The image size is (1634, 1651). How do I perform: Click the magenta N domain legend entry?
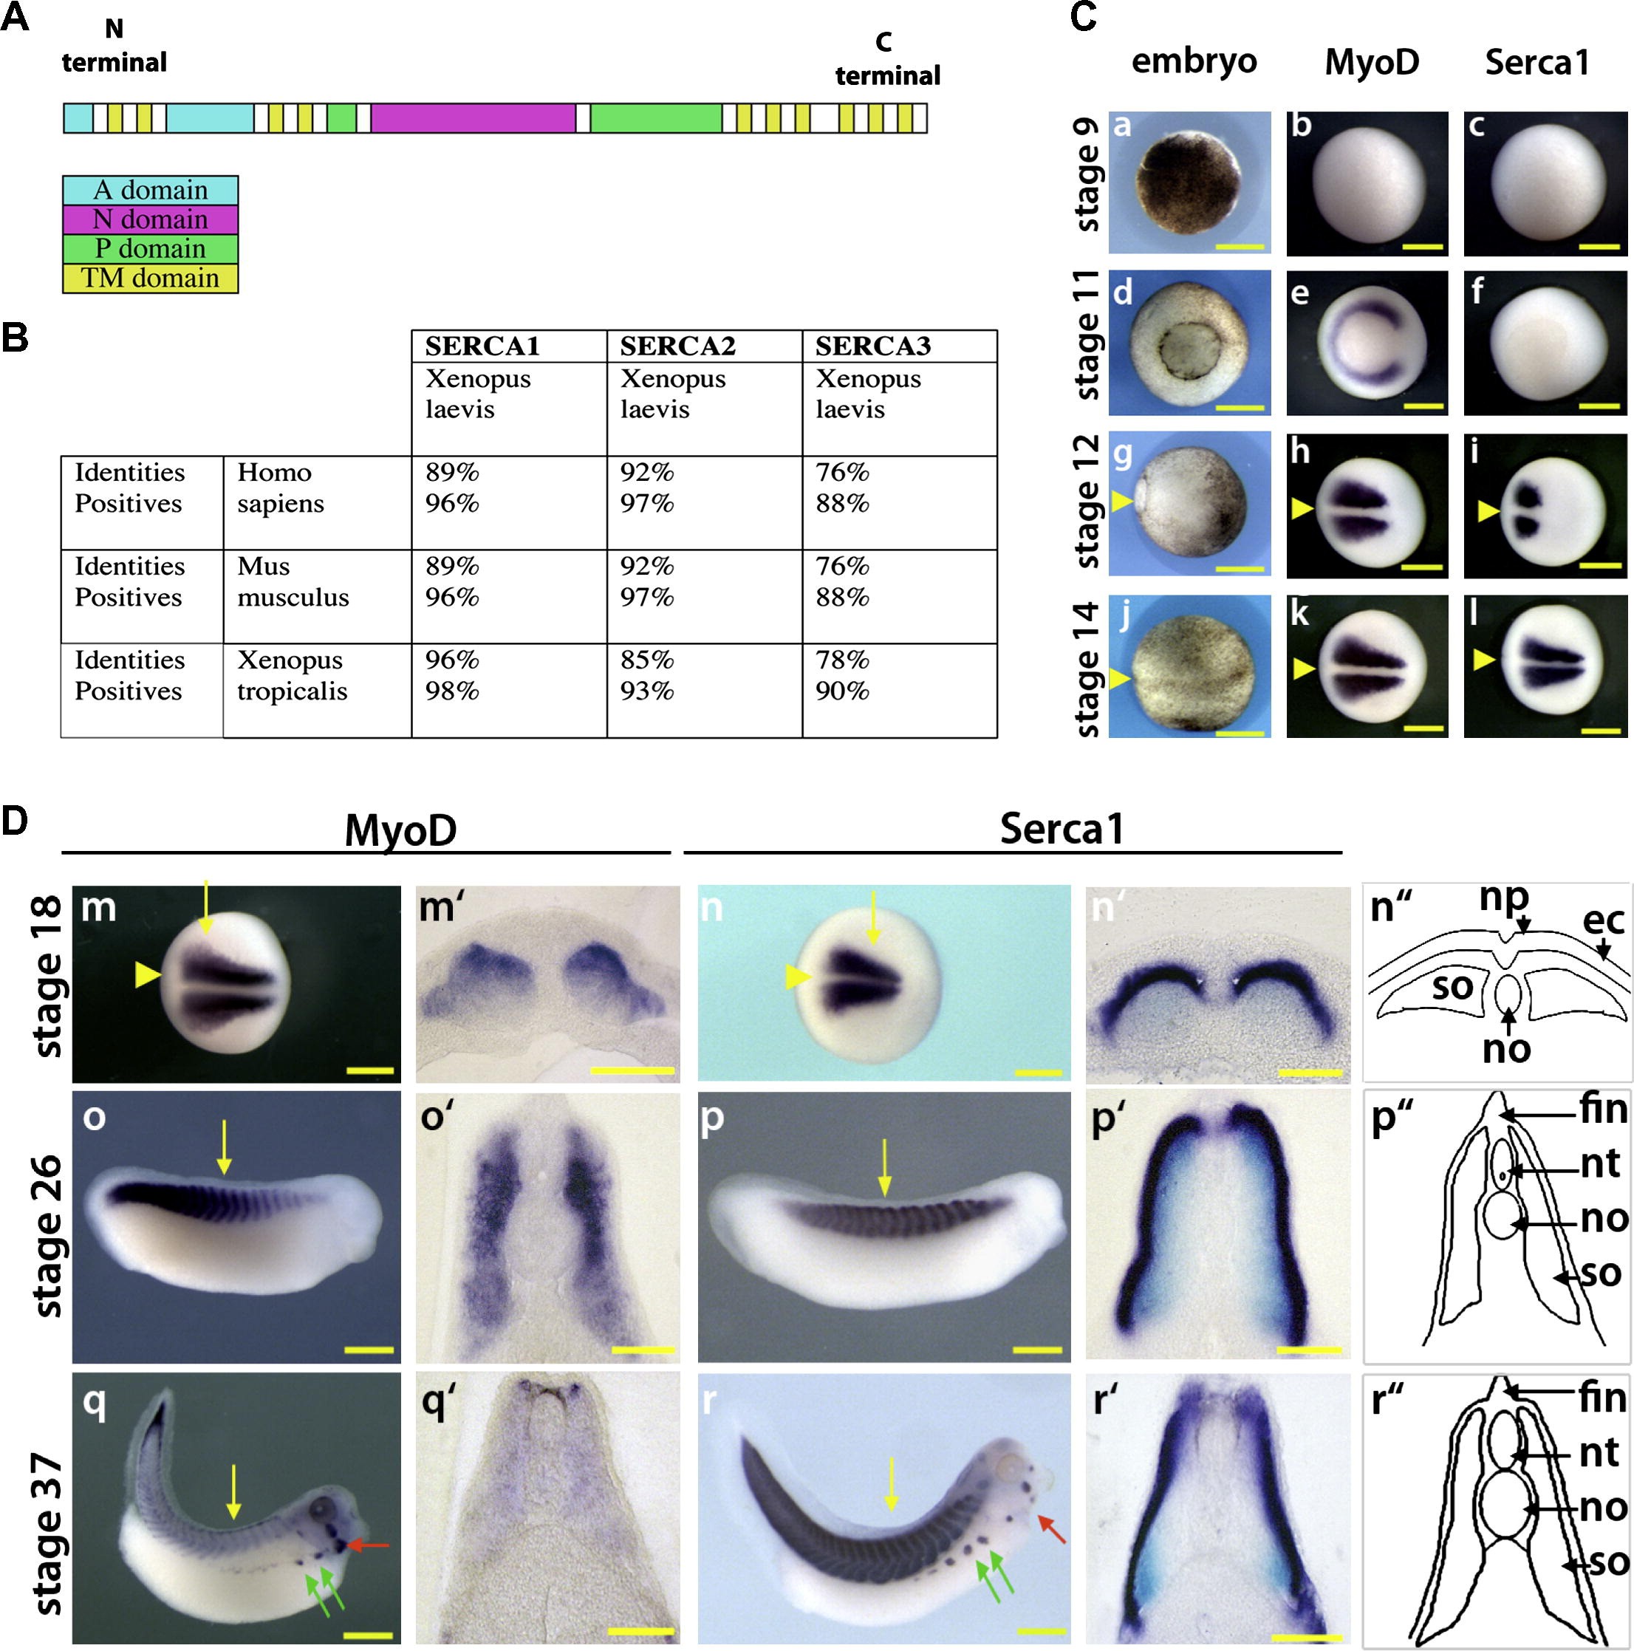151,219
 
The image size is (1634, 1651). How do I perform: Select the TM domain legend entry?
151,278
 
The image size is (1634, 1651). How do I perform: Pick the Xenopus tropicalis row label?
293,675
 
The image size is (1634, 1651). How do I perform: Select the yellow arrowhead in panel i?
1488,511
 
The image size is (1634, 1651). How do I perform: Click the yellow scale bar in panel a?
1240,247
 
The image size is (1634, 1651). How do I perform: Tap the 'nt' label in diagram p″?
1601,1163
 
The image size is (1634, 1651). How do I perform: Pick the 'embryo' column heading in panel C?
1194,61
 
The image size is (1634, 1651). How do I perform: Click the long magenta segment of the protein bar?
473,118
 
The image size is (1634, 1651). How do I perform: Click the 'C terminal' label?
887,60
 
